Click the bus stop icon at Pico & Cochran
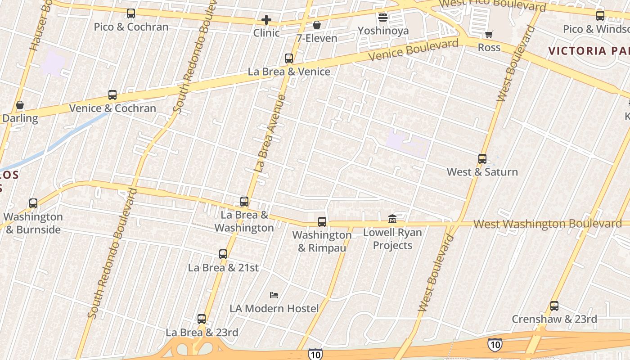[131, 13]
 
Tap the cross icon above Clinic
[266, 20]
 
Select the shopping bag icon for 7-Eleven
[317, 25]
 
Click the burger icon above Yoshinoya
[383, 18]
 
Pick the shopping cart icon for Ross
[489, 34]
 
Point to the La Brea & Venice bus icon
[289, 58]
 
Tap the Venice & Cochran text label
[112, 108]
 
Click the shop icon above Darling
[20, 105]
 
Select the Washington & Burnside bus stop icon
[33, 203]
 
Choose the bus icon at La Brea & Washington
[244, 202]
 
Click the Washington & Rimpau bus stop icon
[322, 221]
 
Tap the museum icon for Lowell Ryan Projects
[392, 219]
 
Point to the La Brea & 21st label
[223, 268]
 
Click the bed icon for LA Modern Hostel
[274, 295]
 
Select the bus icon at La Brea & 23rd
[202, 319]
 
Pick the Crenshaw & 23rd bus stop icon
[554, 306]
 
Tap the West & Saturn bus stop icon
[482, 159]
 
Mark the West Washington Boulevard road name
[547, 224]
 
